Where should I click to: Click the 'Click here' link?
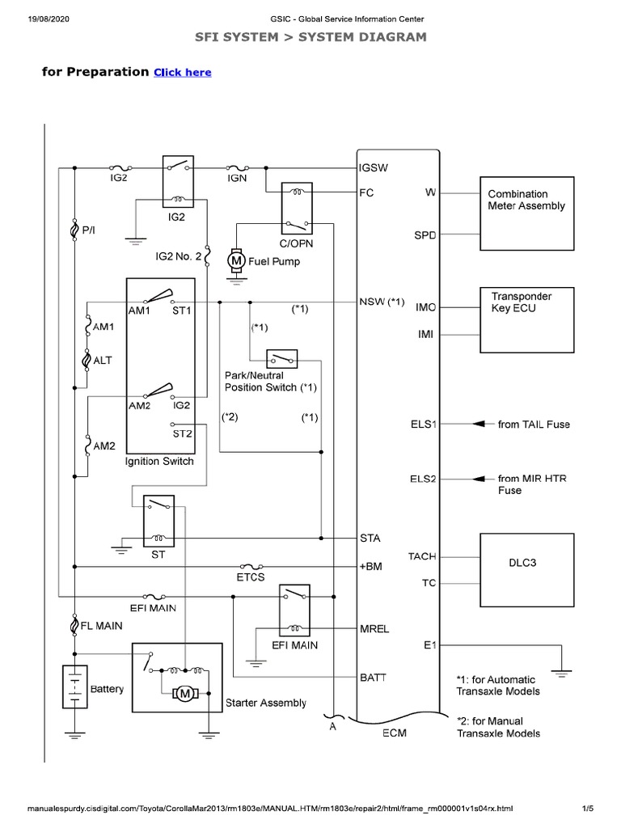tap(182, 72)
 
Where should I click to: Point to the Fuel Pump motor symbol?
tap(236, 260)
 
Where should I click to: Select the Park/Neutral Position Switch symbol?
tap(282, 358)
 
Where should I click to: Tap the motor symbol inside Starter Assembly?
tap(185, 693)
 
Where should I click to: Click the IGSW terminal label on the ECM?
tap(374, 168)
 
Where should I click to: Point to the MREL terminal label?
tap(374, 627)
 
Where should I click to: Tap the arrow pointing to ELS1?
tap(483, 424)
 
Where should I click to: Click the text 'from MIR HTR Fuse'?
tap(532, 484)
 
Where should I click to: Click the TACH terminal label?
tap(422, 556)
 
